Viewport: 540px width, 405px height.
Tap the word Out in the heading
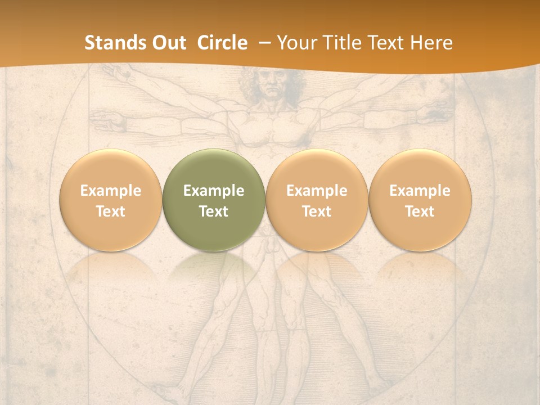pyautogui.click(x=169, y=43)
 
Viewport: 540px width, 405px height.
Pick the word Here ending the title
pyautogui.click(x=431, y=43)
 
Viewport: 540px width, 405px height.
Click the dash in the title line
pyautogui.click(x=264, y=43)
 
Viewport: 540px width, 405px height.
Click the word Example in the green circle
pyautogui.click(x=213, y=191)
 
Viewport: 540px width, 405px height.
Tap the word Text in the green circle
pyautogui.click(x=213, y=211)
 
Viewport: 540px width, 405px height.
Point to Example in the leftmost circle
pyautogui.click(x=110, y=191)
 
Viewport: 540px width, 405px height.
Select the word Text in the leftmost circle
pyautogui.click(x=110, y=211)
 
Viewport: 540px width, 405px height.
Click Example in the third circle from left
pyautogui.click(x=317, y=191)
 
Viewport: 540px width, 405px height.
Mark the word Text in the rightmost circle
pyautogui.click(x=420, y=211)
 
